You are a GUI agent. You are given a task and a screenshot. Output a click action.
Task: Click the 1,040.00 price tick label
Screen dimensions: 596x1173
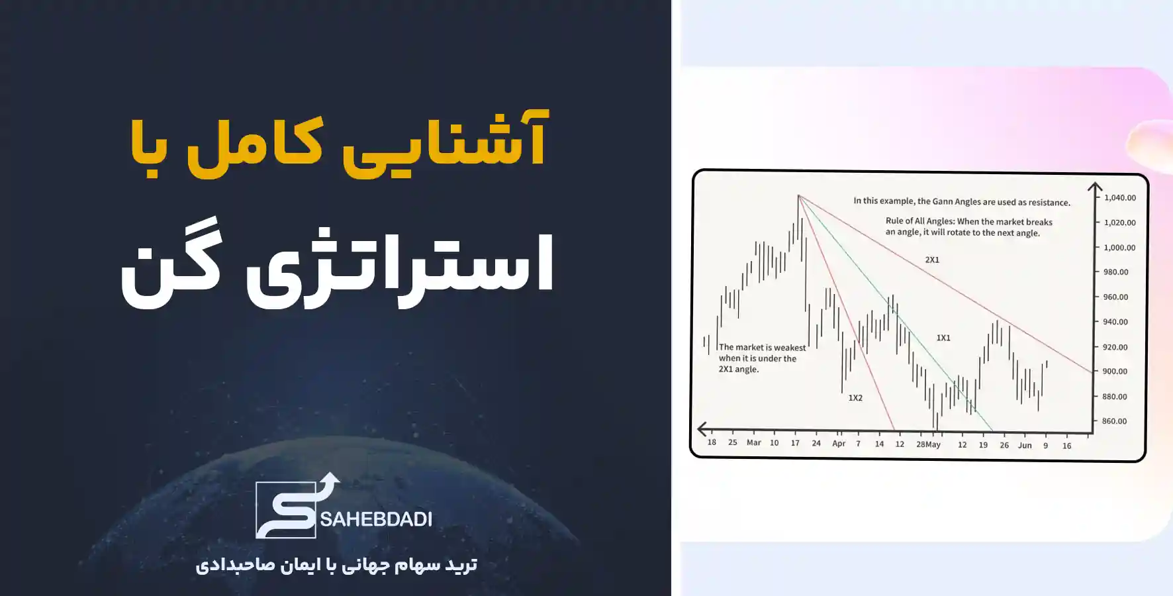pyautogui.click(x=1119, y=197)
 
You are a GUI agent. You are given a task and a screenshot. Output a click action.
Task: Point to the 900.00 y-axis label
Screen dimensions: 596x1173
pyautogui.click(x=1115, y=372)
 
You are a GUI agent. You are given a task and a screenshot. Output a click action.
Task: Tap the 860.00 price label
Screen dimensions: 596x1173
pyautogui.click(x=1115, y=421)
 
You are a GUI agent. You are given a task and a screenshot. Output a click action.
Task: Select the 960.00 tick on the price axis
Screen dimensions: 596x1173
pyautogui.click(x=1115, y=297)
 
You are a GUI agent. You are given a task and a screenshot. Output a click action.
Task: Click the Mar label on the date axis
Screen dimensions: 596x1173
pyautogui.click(x=753, y=442)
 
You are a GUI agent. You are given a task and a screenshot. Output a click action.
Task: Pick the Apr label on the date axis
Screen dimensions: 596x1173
pyautogui.click(x=839, y=444)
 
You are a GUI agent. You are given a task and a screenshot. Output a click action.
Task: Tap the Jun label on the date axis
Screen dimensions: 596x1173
pyautogui.click(x=1025, y=445)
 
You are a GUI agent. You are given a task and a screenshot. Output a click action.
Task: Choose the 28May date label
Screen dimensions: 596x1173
pyautogui.click(x=928, y=444)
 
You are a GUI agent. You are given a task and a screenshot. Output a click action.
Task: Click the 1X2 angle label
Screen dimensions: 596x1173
pyautogui.click(x=855, y=398)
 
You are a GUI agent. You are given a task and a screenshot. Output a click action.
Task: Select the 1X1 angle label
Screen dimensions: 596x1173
pyautogui.click(x=943, y=338)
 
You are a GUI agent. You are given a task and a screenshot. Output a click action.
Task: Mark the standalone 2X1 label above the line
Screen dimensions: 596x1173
pyautogui.click(x=932, y=260)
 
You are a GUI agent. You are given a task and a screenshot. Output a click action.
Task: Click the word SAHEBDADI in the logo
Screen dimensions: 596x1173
pyautogui.click(x=376, y=519)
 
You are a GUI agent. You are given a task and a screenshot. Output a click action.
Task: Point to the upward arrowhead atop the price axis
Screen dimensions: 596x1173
pyautogui.click(x=1095, y=187)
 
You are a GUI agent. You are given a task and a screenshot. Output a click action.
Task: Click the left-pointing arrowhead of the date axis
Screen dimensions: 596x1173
pyautogui.click(x=702, y=429)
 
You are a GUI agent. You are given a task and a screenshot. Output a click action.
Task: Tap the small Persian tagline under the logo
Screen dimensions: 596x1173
pyautogui.click(x=336, y=565)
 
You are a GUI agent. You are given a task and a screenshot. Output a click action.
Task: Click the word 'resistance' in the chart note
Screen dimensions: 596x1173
pyautogui.click(x=1048, y=203)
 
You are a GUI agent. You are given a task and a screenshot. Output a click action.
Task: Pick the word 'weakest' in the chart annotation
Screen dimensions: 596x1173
pyautogui.click(x=790, y=348)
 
